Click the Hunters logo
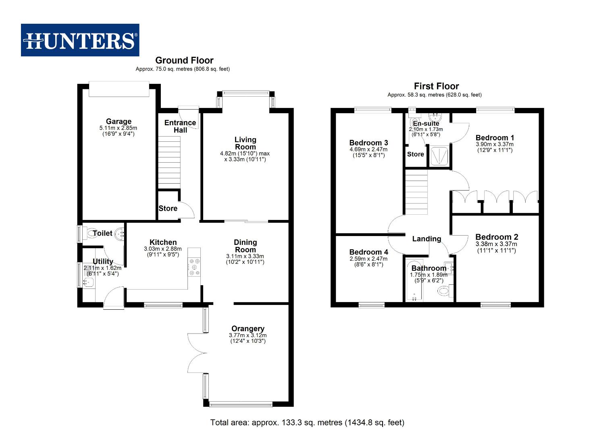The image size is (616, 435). pyautogui.click(x=80, y=40)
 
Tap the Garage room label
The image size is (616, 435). pyautogui.click(x=119, y=121)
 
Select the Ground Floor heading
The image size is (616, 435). pyautogui.click(x=184, y=60)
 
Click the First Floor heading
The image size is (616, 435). pyautogui.click(x=436, y=86)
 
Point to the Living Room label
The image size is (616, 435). pyautogui.click(x=245, y=143)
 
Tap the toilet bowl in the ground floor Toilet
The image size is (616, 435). pyautogui.click(x=90, y=233)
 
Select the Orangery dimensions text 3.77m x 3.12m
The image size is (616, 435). pyautogui.click(x=248, y=335)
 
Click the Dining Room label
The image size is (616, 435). pyautogui.click(x=245, y=246)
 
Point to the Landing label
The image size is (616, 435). pyautogui.click(x=427, y=239)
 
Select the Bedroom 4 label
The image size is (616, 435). pyautogui.click(x=368, y=252)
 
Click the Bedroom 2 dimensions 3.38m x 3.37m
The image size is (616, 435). pyautogui.click(x=496, y=244)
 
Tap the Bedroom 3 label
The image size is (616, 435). pyautogui.click(x=368, y=143)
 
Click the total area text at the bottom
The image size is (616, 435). pyautogui.click(x=307, y=423)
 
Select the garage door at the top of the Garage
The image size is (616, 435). pyautogui.click(x=119, y=89)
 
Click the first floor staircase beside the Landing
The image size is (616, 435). pyautogui.click(x=416, y=193)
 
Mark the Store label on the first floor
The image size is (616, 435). pyautogui.click(x=415, y=154)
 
